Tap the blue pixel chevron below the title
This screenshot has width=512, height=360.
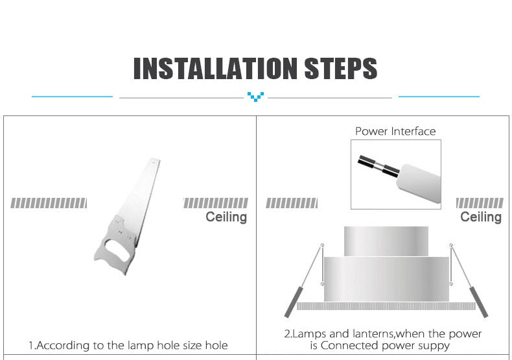pos(256,97)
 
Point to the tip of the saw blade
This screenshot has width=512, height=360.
pos(154,160)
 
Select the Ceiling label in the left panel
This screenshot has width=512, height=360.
pos(226,217)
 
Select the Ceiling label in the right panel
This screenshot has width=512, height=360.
pos(481,217)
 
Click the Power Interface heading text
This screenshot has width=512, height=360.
pos(395,131)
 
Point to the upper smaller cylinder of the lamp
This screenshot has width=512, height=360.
pos(386,241)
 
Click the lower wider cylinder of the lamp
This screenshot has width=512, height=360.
pos(386,278)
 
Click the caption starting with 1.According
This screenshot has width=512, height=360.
pos(128,345)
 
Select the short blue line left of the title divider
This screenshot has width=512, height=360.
pos(72,97)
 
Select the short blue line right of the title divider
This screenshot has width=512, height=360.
pos(439,97)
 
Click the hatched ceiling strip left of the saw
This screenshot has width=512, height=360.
pos(49,203)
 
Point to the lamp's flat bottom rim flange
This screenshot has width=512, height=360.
pos(386,306)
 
